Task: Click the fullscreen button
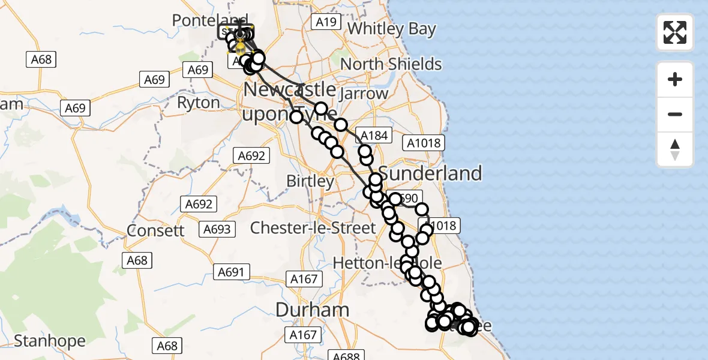click(675, 32)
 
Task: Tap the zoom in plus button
click(675, 79)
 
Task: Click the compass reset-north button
click(675, 149)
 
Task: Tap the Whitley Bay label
click(391, 29)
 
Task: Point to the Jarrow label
click(364, 94)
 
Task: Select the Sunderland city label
click(431, 173)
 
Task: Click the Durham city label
click(312, 310)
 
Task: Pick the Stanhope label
click(50, 341)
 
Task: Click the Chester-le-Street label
click(313, 228)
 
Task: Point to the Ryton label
click(198, 103)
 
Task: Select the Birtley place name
click(310, 181)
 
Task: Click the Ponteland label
click(210, 20)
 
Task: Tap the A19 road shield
click(326, 22)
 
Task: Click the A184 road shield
click(373, 136)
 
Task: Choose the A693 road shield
click(217, 229)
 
